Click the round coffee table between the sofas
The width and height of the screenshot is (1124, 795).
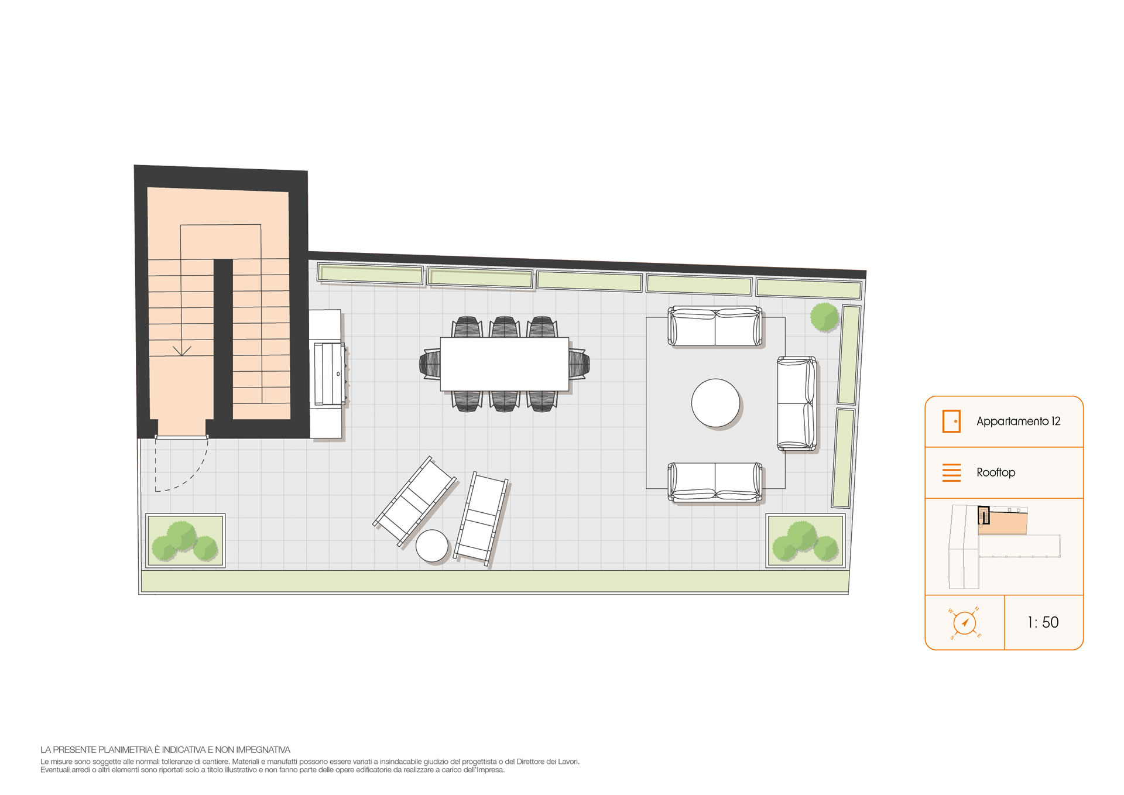(x=715, y=403)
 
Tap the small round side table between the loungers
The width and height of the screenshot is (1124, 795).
(x=432, y=546)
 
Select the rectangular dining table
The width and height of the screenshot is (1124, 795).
(x=505, y=364)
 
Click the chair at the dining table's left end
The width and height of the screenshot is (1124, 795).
(x=430, y=364)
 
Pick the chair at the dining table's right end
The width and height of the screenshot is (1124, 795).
(x=579, y=364)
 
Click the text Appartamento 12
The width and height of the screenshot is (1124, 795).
(x=1018, y=422)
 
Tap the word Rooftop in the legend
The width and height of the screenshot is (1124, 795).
(x=996, y=472)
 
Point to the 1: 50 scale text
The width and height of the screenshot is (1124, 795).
(x=1043, y=622)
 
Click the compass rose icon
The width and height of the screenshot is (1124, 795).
(x=965, y=623)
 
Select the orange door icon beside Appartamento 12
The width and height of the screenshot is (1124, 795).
(x=951, y=422)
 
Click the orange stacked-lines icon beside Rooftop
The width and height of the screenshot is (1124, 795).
(x=951, y=472)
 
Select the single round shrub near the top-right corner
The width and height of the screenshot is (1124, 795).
(x=824, y=317)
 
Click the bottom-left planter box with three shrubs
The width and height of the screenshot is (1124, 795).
(x=185, y=540)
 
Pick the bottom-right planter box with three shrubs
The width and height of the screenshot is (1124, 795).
(x=806, y=540)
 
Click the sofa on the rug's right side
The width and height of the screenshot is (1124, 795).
(x=797, y=403)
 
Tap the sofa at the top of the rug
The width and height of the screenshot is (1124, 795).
(x=715, y=326)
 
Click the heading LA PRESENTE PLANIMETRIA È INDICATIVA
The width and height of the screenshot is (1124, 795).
(x=165, y=750)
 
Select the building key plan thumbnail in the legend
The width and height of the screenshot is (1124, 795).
(x=1005, y=547)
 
